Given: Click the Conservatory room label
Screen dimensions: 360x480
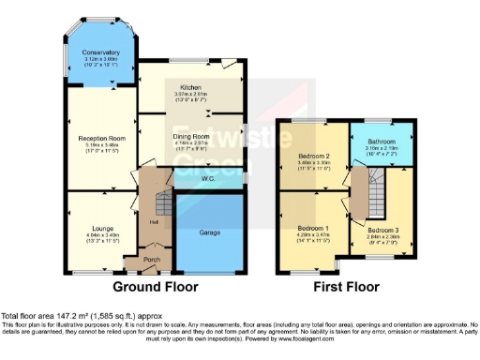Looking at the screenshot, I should pos(100,52).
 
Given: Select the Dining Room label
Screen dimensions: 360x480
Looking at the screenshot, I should pos(191,136).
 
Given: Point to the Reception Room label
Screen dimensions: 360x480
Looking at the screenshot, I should pos(100,138).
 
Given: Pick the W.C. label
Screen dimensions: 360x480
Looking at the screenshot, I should pos(207,177).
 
